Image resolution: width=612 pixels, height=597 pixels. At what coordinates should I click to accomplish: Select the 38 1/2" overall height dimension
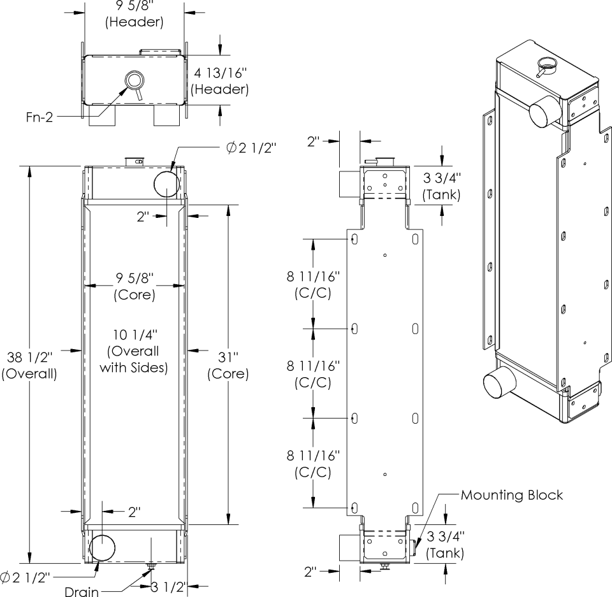tap(29, 364)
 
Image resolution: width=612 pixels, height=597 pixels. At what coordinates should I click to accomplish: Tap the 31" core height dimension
tap(228, 364)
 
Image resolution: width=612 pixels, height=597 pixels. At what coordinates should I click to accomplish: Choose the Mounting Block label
tap(512, 494)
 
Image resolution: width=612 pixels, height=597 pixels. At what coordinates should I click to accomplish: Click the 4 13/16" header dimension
tap(221, 80)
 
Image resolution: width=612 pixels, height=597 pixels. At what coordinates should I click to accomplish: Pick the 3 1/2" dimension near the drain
tap(167, 587)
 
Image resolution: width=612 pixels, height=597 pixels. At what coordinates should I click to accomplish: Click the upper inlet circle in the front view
tap(167, 184)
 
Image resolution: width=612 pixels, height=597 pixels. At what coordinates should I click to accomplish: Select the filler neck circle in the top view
tap(135, 80)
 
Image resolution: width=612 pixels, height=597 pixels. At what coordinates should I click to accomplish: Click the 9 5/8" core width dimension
tap(135, 286)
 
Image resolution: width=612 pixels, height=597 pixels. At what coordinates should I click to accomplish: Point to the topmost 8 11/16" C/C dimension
tap(314, 284)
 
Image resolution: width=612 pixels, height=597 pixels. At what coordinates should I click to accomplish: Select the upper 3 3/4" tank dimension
tap(442, 185)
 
